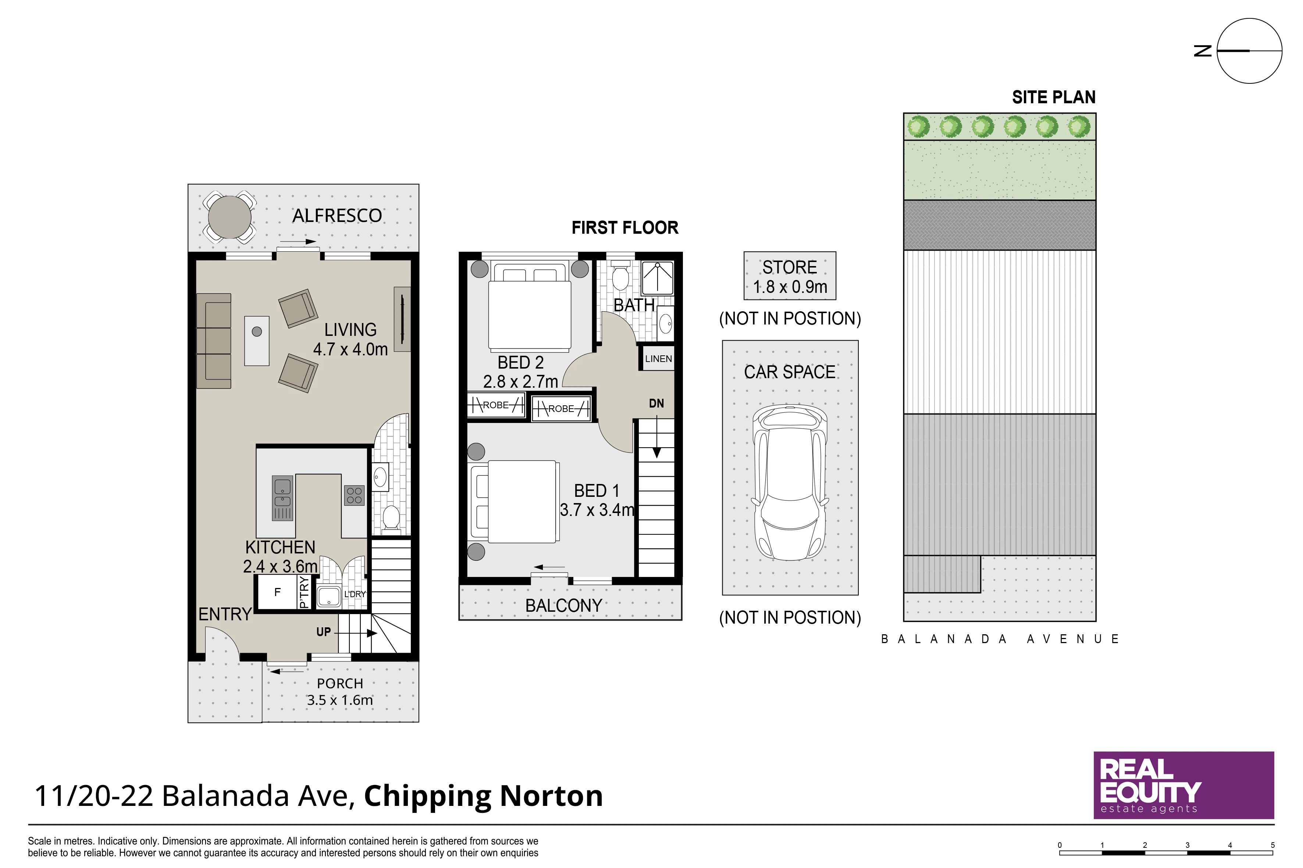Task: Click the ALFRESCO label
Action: click(x=337, y=215)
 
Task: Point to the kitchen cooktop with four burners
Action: click(x=354, y=495)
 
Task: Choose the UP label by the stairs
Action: click(x=324, y=632)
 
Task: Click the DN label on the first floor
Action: click(x=656, y=403)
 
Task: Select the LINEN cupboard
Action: click(x=658, y=358)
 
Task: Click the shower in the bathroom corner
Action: click(x=658, y=278)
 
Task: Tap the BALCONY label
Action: click(x=563, y=606)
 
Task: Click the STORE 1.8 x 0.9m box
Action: click(x=790, y=276)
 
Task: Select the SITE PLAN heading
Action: click(x=1054, y=97)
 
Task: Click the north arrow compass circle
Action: click(x=1249, y=51)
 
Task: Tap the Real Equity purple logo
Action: click(x=1183, y=785)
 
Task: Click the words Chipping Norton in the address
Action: click(x=483, y=796)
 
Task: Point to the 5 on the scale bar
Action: click(x=1272, y=845)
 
